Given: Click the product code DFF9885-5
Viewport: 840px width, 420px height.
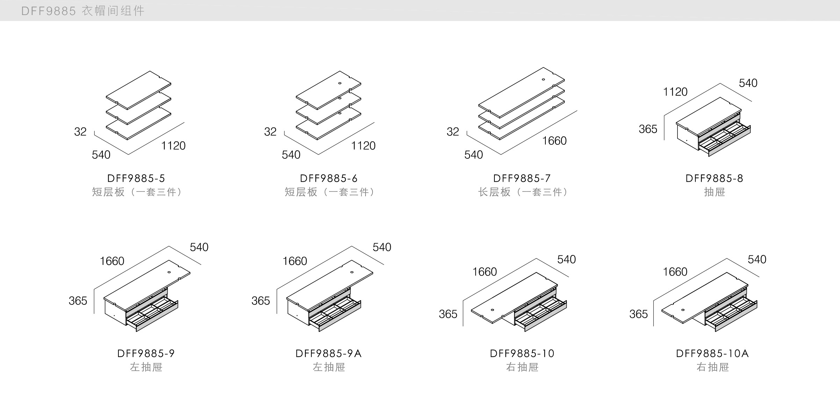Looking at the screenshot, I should (x=136, y=179).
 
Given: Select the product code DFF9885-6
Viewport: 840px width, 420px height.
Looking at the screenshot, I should (x=328, y=179).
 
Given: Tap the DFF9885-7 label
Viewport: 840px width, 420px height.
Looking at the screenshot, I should (x=522, y=179).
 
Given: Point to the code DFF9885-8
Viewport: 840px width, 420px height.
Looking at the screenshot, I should (x=714, y=179).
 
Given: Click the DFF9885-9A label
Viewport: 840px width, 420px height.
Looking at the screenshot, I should (x=328, y=354).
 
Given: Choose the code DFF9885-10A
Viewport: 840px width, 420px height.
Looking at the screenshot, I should (x=712, y=354).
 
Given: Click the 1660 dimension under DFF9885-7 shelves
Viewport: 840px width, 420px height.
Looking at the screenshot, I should (x=554, y=141).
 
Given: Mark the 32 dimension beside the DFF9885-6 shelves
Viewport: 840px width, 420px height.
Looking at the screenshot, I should (x=270, y=132).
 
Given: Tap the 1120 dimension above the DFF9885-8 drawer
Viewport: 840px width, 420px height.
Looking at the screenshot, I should (x=675, y=92).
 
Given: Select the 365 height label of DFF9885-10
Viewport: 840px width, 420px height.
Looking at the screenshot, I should (x=448, y=314).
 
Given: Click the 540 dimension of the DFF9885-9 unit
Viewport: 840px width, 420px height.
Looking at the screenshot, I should (x=199, y=247).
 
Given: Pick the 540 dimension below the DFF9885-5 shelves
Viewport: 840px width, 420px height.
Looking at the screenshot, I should (x=101, y=155).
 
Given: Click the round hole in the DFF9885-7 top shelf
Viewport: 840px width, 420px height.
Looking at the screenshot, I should (x=543, y=80).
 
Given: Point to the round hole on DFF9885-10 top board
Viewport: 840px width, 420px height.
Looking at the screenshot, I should (x=492, y=310).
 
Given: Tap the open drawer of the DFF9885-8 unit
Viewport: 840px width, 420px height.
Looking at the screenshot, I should (x=723, y=140).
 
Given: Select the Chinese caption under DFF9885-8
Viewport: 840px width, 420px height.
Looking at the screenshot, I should (x=714, y=192).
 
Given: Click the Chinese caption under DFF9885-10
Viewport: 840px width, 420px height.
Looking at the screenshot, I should (x=522, y=367).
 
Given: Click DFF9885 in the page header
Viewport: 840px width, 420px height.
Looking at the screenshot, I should (x=48, y=11).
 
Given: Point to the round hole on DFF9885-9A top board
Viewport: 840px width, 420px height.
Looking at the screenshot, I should (x=352, y=272).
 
